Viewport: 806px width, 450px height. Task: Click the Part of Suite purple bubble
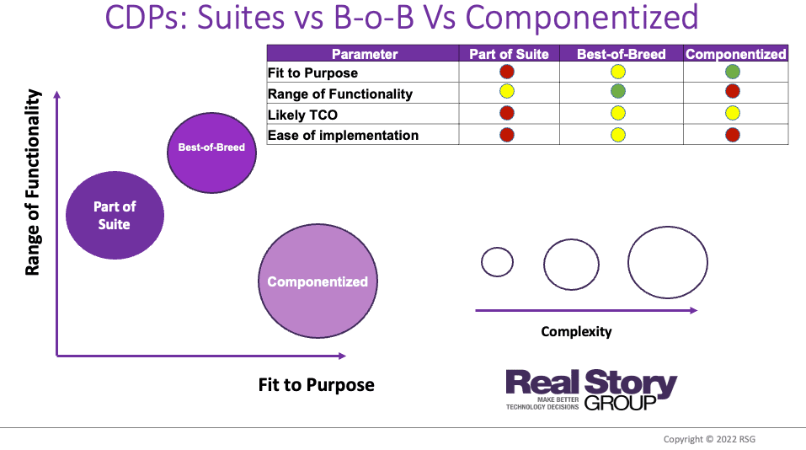pyautogui.click(x=115, y=215)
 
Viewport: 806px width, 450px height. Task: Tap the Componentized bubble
pyautogui.click(x=318, y=281)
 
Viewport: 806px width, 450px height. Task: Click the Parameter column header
pyautogui.click(x=365, y=54)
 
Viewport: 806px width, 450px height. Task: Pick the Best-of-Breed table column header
pyautogui.click(x=621, y=54)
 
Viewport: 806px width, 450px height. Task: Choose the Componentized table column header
pyautogui.click(x=735, y=54)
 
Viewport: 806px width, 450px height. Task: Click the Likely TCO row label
pyautogui.click(x=302, y=115)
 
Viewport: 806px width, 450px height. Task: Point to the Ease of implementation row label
pyautogui.click(x=343, y=135)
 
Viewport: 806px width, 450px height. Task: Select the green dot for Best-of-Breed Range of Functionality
pyautogui.click(x=618, y=92)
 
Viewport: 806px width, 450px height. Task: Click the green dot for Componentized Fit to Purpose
pyautogui.click(x=733, y=72)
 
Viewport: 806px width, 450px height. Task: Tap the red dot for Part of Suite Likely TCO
pyautogui.click(x=507, y=112)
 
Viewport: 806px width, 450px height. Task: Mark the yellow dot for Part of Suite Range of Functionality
pyautogui.click(x=507, y=92)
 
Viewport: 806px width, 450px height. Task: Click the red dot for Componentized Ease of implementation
pyautogui.click(x=733, y=133)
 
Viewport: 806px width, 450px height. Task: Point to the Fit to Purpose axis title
pyautogui.click(x=316, y=385)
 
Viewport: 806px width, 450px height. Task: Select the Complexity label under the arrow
pyautogui.click(x=576, y=331)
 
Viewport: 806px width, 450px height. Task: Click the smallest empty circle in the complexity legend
pyautogui.click(x=497, y=262)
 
